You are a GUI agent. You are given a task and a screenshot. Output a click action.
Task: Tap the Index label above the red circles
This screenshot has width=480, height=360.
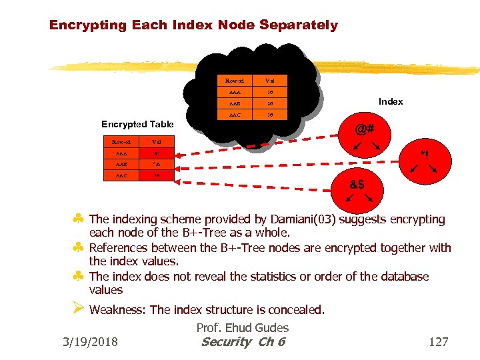click(x=391, y=101)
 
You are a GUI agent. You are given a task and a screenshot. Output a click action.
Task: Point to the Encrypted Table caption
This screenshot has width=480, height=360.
click(x=137, y=124)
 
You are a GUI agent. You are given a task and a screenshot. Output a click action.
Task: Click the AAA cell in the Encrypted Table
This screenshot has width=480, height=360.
click(x=120, y=153)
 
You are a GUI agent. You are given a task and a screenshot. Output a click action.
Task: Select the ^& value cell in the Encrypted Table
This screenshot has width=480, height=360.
click(x=155, y=164)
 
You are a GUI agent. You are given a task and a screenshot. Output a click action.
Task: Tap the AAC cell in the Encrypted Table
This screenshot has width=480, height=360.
click(x=120, y=176)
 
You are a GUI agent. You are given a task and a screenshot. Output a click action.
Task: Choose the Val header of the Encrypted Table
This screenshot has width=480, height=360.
click(x=155, y=141)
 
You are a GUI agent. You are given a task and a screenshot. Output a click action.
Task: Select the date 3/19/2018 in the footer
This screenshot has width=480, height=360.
click(x=90, y=342)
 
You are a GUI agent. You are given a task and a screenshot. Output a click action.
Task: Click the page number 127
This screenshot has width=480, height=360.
click(x=439, y=342)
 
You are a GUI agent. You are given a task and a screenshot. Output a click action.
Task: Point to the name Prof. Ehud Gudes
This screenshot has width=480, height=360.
click(x=243, y=327)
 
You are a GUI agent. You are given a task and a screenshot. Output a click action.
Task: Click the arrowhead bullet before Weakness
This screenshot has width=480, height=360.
click(x=78, y=309)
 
